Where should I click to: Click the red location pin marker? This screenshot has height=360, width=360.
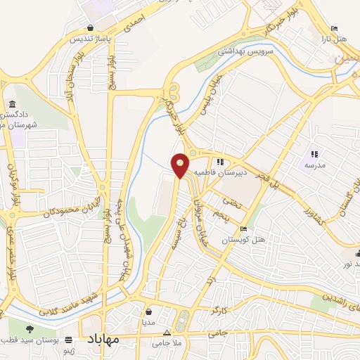181,165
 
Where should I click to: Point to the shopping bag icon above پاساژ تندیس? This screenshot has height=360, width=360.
91,27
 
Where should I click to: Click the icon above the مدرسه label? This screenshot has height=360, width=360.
314,154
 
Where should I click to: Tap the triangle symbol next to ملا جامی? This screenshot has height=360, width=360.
167,332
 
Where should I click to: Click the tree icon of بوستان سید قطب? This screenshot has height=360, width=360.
29,328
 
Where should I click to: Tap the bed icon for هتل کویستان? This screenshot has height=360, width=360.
244,229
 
